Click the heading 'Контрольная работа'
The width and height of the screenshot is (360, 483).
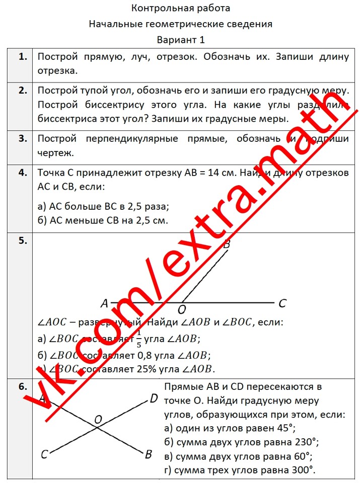click(x=180, y=8)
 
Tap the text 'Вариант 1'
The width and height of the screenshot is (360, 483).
click(x=180, y=39)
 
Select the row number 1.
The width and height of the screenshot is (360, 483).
click(x=22, y=57)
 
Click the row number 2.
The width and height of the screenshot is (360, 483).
click(x=22, y=91)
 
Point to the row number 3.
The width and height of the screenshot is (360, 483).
click(x=22, y=138)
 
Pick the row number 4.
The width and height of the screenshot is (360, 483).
click(x=22, y=173)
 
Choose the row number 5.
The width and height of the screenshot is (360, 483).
click(x=22, y=240)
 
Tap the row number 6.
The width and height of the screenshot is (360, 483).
click(x=22, y=387)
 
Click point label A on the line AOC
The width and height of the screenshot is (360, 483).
click(x=104, y=303)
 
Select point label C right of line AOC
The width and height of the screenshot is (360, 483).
click(x=282, y=303)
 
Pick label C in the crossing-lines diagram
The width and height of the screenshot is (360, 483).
click(x=44, y=454)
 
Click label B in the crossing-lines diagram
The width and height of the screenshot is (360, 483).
click(x=148, y=454)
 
